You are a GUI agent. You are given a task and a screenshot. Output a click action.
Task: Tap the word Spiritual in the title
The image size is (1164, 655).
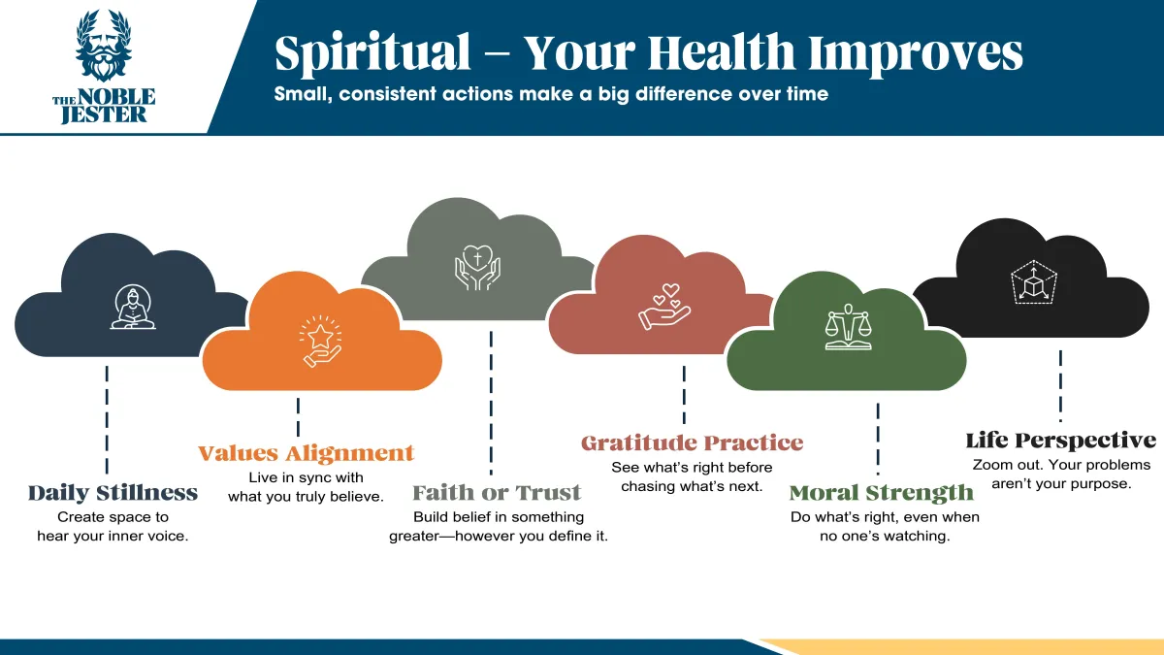pos(372,53)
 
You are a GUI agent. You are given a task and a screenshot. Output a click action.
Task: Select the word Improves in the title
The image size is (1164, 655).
pos(916,53)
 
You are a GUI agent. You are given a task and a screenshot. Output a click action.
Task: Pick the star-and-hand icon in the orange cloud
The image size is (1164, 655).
pos(321,341)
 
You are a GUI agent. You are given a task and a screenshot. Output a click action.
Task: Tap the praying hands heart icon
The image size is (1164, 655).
pos(477,267)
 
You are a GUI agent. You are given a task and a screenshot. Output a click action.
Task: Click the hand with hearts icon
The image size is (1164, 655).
pos(664,307)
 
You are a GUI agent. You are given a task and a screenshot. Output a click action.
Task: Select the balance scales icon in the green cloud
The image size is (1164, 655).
pos(848,327)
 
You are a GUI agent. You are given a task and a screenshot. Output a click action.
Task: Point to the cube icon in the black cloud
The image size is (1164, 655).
pos(1034,282)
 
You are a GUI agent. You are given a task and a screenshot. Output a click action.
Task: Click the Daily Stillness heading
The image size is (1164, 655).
pos(113,493)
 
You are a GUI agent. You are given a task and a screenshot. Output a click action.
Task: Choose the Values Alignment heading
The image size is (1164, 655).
pos(306,453)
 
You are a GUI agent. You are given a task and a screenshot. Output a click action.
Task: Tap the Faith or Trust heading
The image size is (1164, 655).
pos(497,493)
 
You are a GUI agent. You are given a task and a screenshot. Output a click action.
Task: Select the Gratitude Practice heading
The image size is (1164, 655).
pos(693,442)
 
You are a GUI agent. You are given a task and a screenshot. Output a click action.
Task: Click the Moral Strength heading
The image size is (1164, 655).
pos(882,493)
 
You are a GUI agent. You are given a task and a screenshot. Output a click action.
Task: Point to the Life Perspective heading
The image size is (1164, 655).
pos(1061,441)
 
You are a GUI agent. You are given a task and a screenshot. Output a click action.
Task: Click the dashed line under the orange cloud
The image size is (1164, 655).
pos(299,417)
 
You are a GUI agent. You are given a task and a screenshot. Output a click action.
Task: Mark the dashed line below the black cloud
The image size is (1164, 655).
pos(1060,386)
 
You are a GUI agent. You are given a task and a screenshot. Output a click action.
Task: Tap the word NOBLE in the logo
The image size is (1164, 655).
pos(116,97)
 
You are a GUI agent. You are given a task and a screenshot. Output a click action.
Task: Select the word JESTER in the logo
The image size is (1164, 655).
pos(104,115)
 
